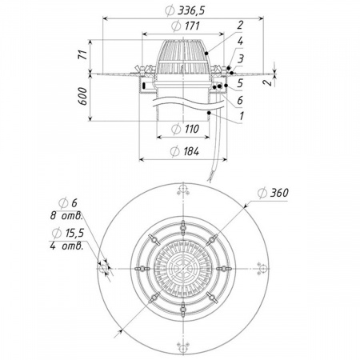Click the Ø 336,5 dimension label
pyautogui.click(x=185, y=10)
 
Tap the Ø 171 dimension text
pyautogui.click(x=186, y=26)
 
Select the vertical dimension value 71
pyautogui.click(x=84, y=54)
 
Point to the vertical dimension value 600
pyautogui.click(x=83, y=96)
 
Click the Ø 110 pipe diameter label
pyautogui.click(x=185, y=129)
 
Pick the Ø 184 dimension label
pyautogui.click(x=185, y=152)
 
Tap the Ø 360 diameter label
pyautogui.click(x=274, y=193)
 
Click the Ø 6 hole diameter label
pyautogui.click(x=68, y=203)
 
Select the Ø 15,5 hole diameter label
pyautogui.click(x=68, y=234)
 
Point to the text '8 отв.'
pyautogui.click(x=66, y=216)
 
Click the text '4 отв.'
pyautogui.click(x=66, y=246)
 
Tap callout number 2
pyautogui.click(x=240, y=25)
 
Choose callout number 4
pyautogui.click(x=240, y=41)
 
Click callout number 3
pyautogui.click(x=241, y=58)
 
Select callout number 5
pyautogui.click(x=240, y=83)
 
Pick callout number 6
pyautogui.click(x=240, y=100)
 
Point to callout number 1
pyautogui.click(x=242, y=116)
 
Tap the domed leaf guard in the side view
pyautogui.click(x=183, y=57)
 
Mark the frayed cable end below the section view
pyautogui.click(x=210, y=177)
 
